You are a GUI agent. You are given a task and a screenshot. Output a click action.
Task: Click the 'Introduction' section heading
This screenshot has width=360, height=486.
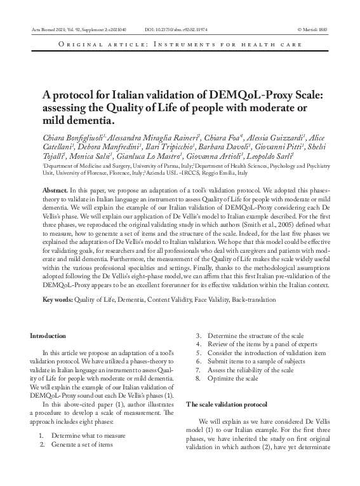[48, 335]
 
